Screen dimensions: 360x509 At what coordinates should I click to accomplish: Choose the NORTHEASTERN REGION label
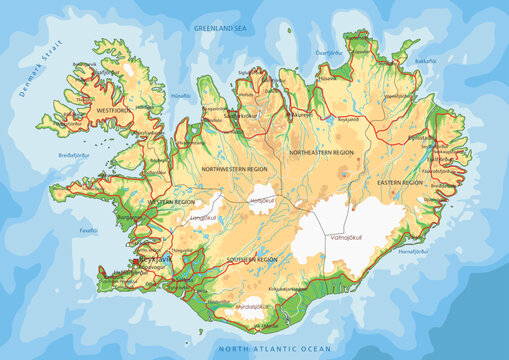pyautogui.click(x=321, y=151)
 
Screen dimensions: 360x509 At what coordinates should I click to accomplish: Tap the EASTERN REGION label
pyautogui.click(x=402, y=183)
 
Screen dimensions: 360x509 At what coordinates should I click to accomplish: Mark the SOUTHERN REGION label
pyautogui.click(x=251, y=259)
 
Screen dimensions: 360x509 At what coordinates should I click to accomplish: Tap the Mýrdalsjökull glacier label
pyautogui.click(x=246, y=307)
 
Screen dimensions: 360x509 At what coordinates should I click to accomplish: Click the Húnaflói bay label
pyautogui.click(x=182, y=95)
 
